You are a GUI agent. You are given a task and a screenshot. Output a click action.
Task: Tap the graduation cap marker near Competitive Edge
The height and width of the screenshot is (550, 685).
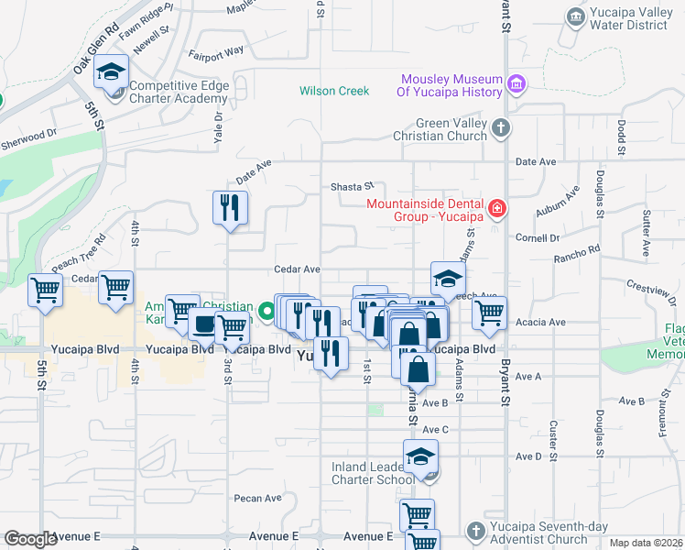pyautogui.click(x=112, y=72)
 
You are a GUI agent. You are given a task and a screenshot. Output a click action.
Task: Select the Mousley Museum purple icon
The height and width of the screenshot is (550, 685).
pyautogui.click(x=516, y=85)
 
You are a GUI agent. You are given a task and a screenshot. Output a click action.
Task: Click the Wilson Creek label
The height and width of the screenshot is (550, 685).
pyautogui.click(x=334, y=91)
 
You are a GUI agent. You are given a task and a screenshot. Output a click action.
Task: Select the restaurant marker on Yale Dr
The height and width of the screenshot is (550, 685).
pyautogui.click(x=230, y=208)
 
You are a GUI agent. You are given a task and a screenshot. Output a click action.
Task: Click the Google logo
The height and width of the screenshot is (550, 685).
pyautogui.click(x=30, y=539)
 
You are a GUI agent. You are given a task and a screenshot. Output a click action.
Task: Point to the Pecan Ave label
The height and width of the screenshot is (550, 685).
pyautogui.click(x=257, y=499)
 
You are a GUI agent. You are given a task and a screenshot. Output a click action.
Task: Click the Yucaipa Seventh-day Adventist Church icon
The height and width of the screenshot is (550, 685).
pyautogui.click(x=474, y=531)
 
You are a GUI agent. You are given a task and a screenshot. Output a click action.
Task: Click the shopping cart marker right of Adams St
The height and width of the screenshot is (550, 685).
pyautogui.click(x=490, y=313)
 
